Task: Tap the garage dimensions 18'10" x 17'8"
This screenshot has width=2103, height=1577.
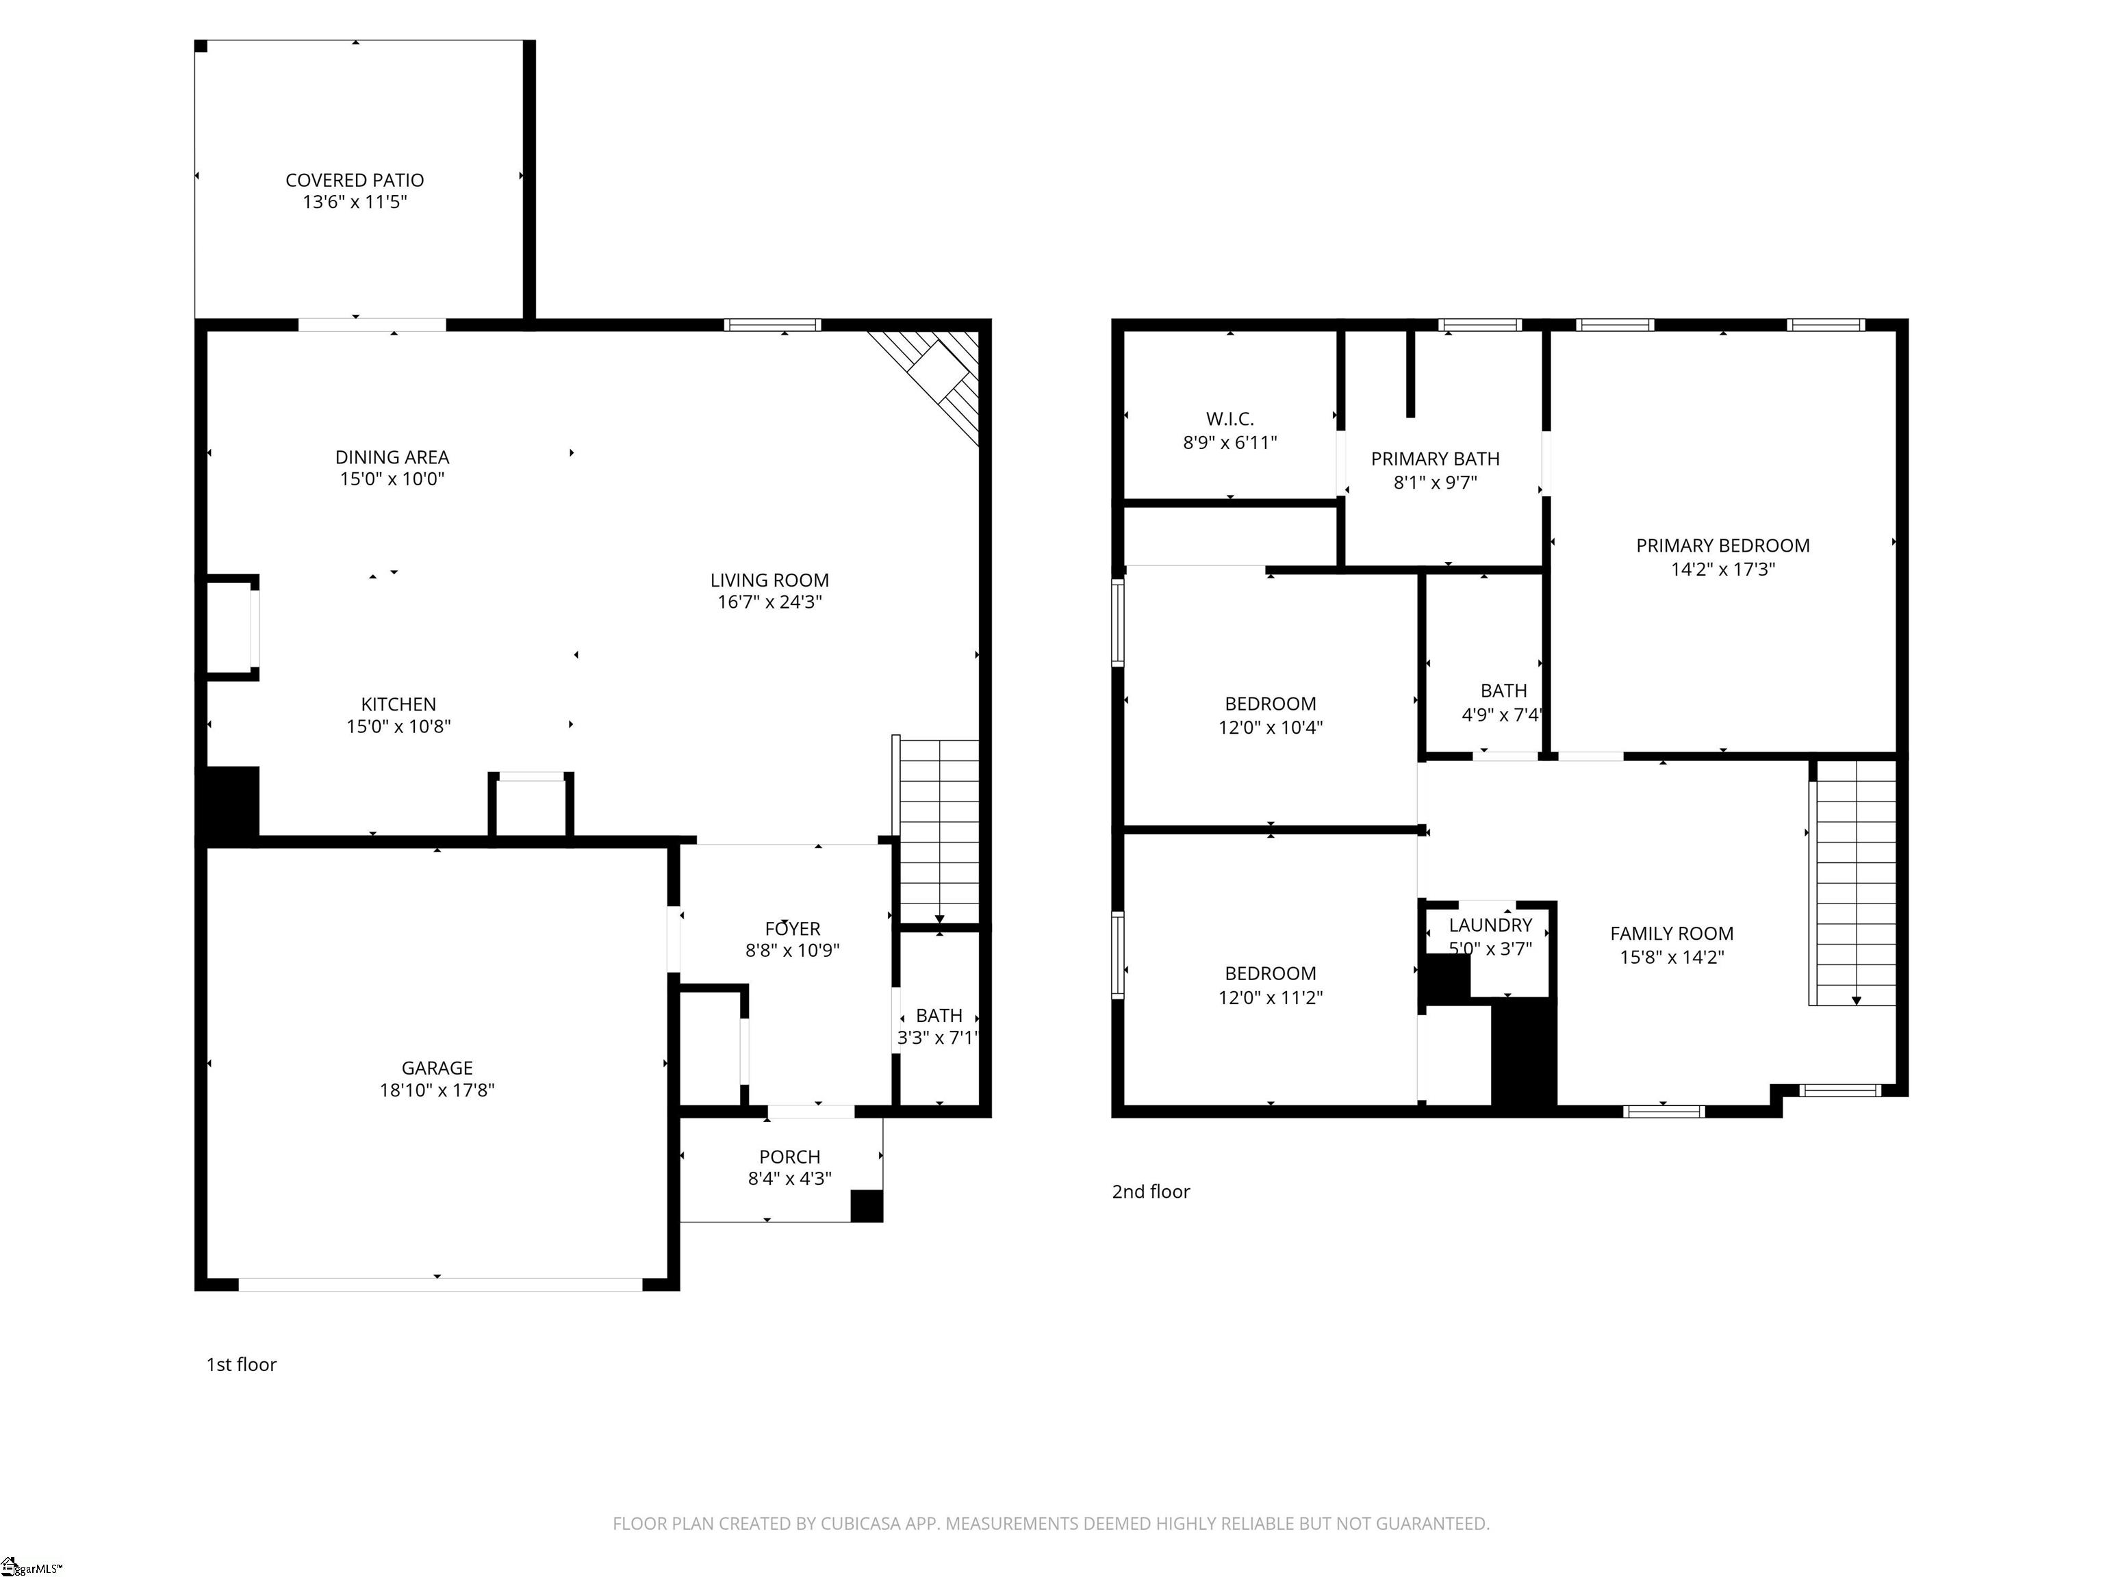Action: [x=437, y=1090]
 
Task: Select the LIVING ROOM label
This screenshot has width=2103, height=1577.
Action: [x=769, y=580]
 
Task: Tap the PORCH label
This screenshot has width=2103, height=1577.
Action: [x=790, y=1157]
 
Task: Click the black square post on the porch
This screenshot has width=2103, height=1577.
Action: [x=866, y=1205]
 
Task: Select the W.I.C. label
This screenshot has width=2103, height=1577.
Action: [x=1230, y=419]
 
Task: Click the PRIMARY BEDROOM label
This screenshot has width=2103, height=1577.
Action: [x=1722, y=546]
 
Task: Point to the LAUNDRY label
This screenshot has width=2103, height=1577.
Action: [x=1491, y=925]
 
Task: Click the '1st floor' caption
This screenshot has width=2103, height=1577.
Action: [x=242, y=1365]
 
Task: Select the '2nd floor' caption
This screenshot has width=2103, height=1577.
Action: [x=1151, y=1192]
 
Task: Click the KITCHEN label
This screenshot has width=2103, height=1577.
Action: [x=398, y=704]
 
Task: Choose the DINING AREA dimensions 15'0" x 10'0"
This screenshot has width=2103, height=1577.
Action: [x=393, y=479]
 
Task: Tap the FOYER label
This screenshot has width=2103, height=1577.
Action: [x=793, y=929]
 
